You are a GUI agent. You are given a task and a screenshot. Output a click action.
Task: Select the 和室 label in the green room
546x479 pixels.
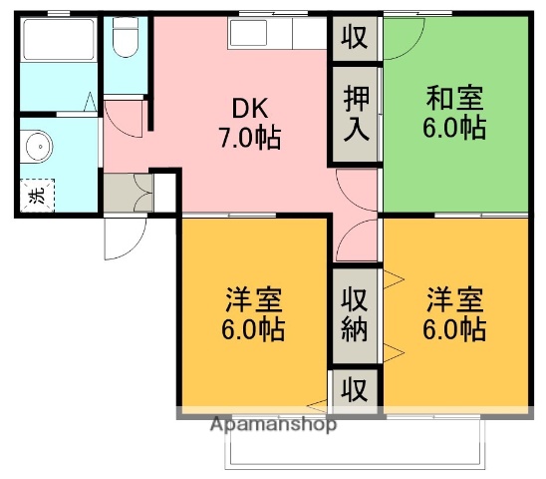[x=454, y=100]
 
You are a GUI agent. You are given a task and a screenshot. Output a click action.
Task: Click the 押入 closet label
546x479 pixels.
[x=356, y=113]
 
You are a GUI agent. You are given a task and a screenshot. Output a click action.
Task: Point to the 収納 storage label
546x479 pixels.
[x=356, y=314]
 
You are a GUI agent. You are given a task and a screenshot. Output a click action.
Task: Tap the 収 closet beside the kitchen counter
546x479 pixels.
[x=356, y=37]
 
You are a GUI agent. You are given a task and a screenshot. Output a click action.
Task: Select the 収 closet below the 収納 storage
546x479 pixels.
[x=356, y=387]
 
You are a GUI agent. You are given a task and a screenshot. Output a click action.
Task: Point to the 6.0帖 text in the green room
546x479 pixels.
[x=454, y=130]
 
